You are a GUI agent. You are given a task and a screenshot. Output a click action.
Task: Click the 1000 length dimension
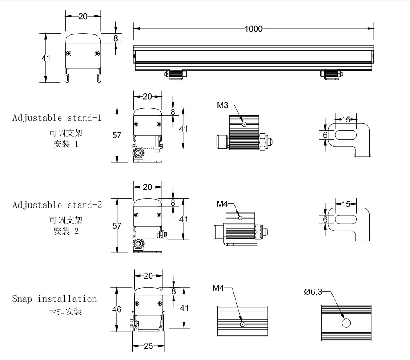pos(253,29)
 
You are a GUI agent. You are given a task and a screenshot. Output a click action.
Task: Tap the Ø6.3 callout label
pos(313,292)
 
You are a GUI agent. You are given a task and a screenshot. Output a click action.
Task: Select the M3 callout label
pos(223,105)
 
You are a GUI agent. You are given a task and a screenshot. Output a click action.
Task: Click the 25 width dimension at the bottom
pos(149,346)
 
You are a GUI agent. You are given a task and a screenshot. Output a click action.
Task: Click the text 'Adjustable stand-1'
pos(56,117)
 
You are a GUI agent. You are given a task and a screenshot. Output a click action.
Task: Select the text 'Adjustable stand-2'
pos(57,205)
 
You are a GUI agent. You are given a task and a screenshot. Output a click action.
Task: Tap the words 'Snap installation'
pos(54,299)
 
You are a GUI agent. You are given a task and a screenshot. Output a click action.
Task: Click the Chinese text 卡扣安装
pos(65,311)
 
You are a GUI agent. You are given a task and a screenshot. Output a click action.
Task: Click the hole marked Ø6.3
pos(346,323)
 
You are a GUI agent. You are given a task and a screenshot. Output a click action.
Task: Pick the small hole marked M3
pos(244,124)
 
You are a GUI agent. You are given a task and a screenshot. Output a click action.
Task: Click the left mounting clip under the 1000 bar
pos(177,74)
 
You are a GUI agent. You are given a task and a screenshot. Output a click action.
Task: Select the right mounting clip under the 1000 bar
pos(332,74)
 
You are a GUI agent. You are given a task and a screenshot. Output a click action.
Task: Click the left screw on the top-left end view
pos(69,53)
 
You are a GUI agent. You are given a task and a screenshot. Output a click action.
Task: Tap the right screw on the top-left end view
pos(97,53)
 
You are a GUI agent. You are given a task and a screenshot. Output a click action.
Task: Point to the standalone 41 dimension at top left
pos(46,58)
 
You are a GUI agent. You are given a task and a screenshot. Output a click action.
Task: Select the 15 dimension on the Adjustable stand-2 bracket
pos(346,203)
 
